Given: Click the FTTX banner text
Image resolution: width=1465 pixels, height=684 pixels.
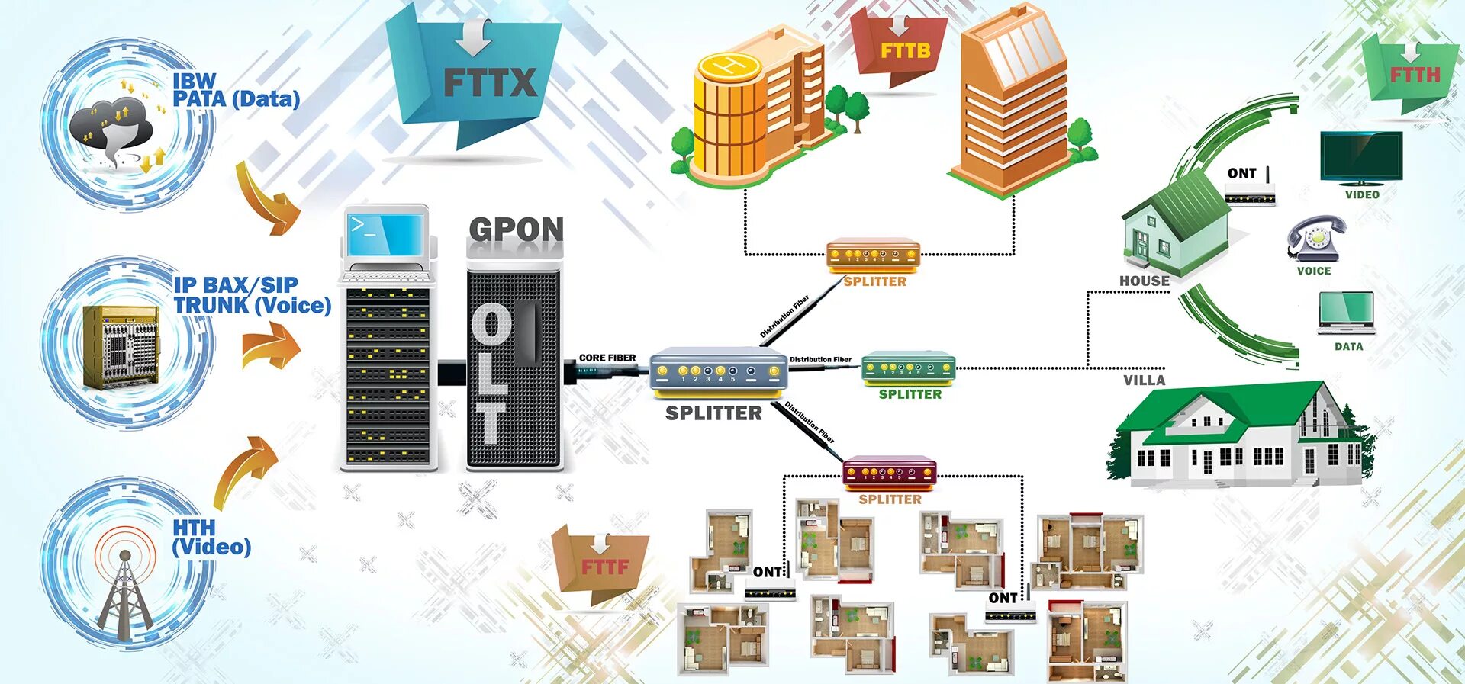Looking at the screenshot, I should (490, 82).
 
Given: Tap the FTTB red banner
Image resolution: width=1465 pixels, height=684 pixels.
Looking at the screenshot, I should (905, 50).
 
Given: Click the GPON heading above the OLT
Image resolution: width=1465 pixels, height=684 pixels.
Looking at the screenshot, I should (516, 229).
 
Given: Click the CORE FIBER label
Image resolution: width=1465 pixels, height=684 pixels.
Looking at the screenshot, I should (607, 358).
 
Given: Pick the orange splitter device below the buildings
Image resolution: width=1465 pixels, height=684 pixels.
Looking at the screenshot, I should (873, 255).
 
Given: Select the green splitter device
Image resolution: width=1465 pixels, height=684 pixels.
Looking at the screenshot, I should (908, 369).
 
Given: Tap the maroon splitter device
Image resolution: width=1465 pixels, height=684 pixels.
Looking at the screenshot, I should (889, 473).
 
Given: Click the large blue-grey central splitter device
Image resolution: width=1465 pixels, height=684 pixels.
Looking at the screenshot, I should (717, 371).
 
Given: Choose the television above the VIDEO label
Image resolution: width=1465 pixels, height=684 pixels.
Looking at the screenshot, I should (1361, 157).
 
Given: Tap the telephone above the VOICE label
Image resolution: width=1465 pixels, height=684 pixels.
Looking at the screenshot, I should (1315, 239).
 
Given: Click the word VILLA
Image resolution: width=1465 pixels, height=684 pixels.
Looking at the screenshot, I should (1144, 380).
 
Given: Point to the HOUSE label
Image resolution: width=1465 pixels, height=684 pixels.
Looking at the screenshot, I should (1144, 281).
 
